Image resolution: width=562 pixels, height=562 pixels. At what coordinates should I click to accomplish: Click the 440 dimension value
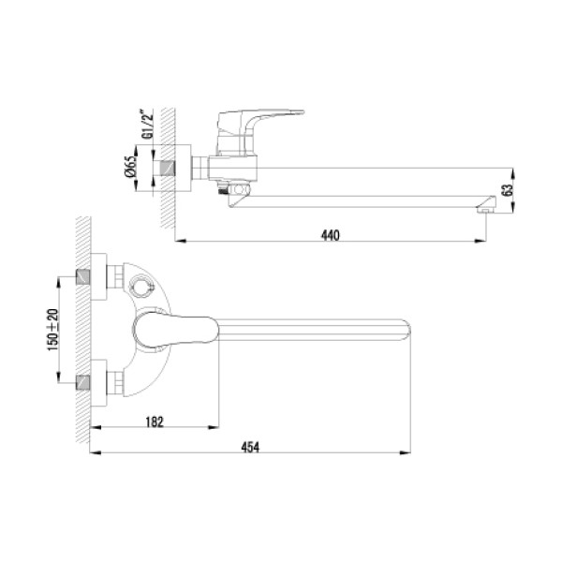pyautogui.click(x=329, y=234)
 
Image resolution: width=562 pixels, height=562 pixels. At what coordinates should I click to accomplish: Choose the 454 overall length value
pyautogui.click(x=250, y=447)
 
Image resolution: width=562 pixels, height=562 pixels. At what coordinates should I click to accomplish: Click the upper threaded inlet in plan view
pyautogui.click(x=85, y=278)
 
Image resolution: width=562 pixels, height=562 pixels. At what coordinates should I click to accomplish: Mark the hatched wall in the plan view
pyautogui.click(x=83, y=328)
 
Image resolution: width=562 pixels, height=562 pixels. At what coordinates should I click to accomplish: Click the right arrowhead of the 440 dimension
pyautogui.click(x=480, y=242)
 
